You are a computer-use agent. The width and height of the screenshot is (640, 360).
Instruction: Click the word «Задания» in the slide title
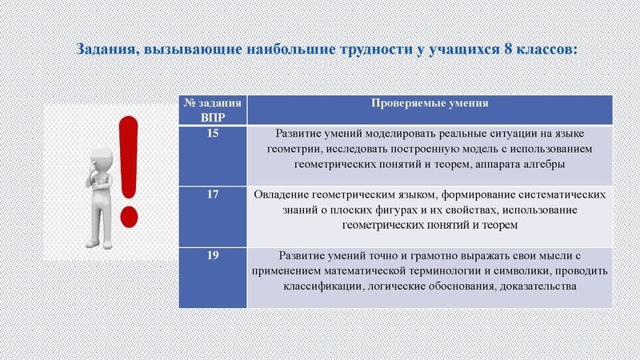[106, 49]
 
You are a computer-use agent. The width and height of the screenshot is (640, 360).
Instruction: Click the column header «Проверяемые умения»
[429, 104]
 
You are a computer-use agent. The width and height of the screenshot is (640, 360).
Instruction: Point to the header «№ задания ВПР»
[212, 110]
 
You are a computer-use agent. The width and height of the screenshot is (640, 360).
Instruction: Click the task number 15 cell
[212, 134]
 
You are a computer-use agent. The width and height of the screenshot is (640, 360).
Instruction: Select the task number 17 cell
[212, 194]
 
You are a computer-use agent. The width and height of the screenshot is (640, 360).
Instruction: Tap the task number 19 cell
[212, 255]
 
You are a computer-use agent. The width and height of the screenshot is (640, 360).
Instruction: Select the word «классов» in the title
[545, 49]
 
